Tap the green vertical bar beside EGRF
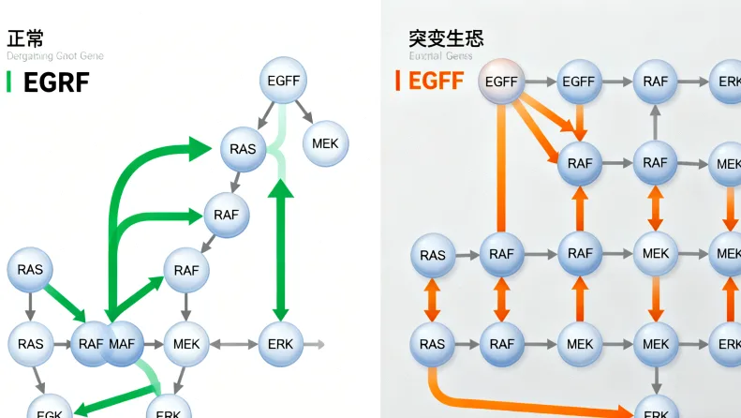8,82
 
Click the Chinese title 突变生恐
446,38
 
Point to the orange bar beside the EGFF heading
398,81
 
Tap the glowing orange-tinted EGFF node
502,82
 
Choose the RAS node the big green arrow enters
243,149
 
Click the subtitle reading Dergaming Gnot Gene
55,56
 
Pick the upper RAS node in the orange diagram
433,255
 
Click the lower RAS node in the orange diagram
433,344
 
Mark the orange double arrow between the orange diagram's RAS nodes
433,300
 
